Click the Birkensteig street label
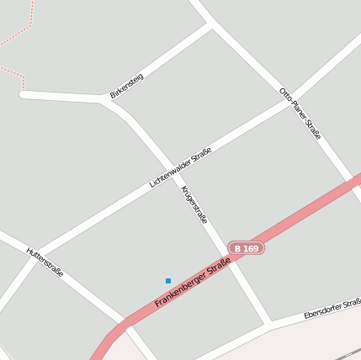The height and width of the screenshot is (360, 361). [127, 86]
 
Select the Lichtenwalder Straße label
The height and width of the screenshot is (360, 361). [180, 167]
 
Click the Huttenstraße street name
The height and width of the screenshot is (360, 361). [45, 262]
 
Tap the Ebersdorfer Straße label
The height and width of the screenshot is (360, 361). [332, 308]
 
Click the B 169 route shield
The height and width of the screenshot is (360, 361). [247, 249]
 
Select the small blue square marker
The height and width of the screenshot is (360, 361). [168, 280]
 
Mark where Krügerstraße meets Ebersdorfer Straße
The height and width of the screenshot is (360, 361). [269, 322]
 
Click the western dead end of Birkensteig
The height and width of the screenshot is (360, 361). [24, 94]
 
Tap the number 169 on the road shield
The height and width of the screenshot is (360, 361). [252, 249]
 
